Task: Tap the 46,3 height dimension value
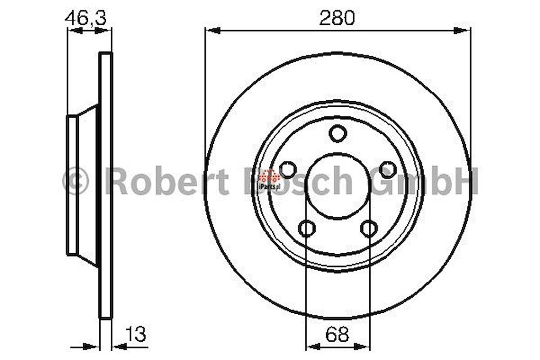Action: [x=86, y=18]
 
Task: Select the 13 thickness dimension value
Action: [x=135, y=334]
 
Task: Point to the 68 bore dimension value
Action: [x=337, y=334]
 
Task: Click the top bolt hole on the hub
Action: [x=337, y=133]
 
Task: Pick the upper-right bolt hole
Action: [x=388, y=169]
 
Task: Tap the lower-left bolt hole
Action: [x=307, y=228]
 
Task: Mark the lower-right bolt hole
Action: [x=368, y=228]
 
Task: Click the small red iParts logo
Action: [x=269, y=176]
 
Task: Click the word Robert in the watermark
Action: [x=167, y=180]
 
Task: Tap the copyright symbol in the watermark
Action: [x=76, y=180]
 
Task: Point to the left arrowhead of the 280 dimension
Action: [x=213, y=31]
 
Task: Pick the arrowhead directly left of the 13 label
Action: [x=119, y=346]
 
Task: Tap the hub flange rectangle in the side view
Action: [x=72, y=185]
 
